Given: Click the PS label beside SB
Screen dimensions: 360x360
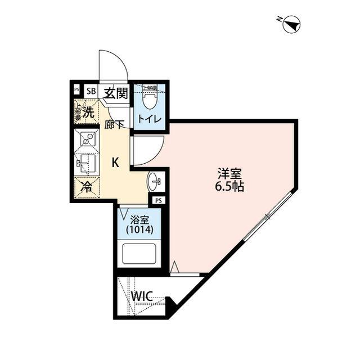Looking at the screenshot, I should [76, 90].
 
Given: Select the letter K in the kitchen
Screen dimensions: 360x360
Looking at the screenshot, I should [115, 163].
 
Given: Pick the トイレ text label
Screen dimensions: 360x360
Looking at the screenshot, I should [150, 119].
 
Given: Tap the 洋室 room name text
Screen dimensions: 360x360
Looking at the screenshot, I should [229, 174].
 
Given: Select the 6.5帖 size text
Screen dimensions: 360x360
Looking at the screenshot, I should [229, 187].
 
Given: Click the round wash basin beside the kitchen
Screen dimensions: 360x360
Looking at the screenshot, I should [154, 182].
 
